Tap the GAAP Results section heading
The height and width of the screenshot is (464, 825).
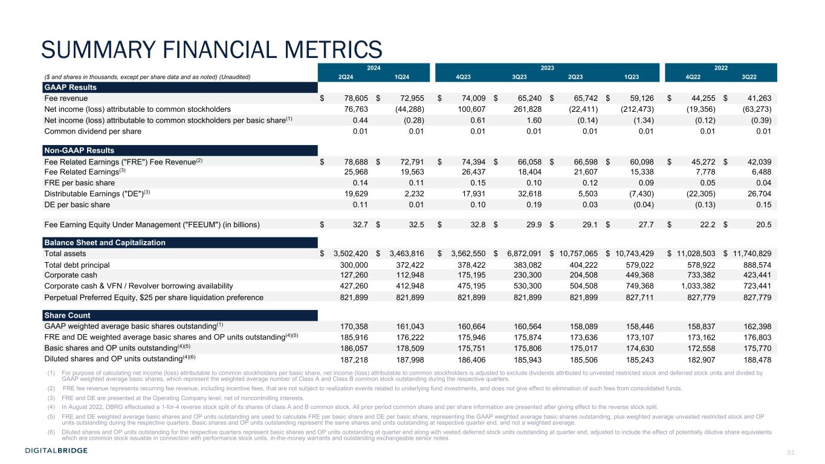71,88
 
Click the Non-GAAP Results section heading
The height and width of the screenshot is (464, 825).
79,150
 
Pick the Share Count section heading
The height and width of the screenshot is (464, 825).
66,315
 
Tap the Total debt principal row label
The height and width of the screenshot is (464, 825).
77,265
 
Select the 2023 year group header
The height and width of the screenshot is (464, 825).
548,68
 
